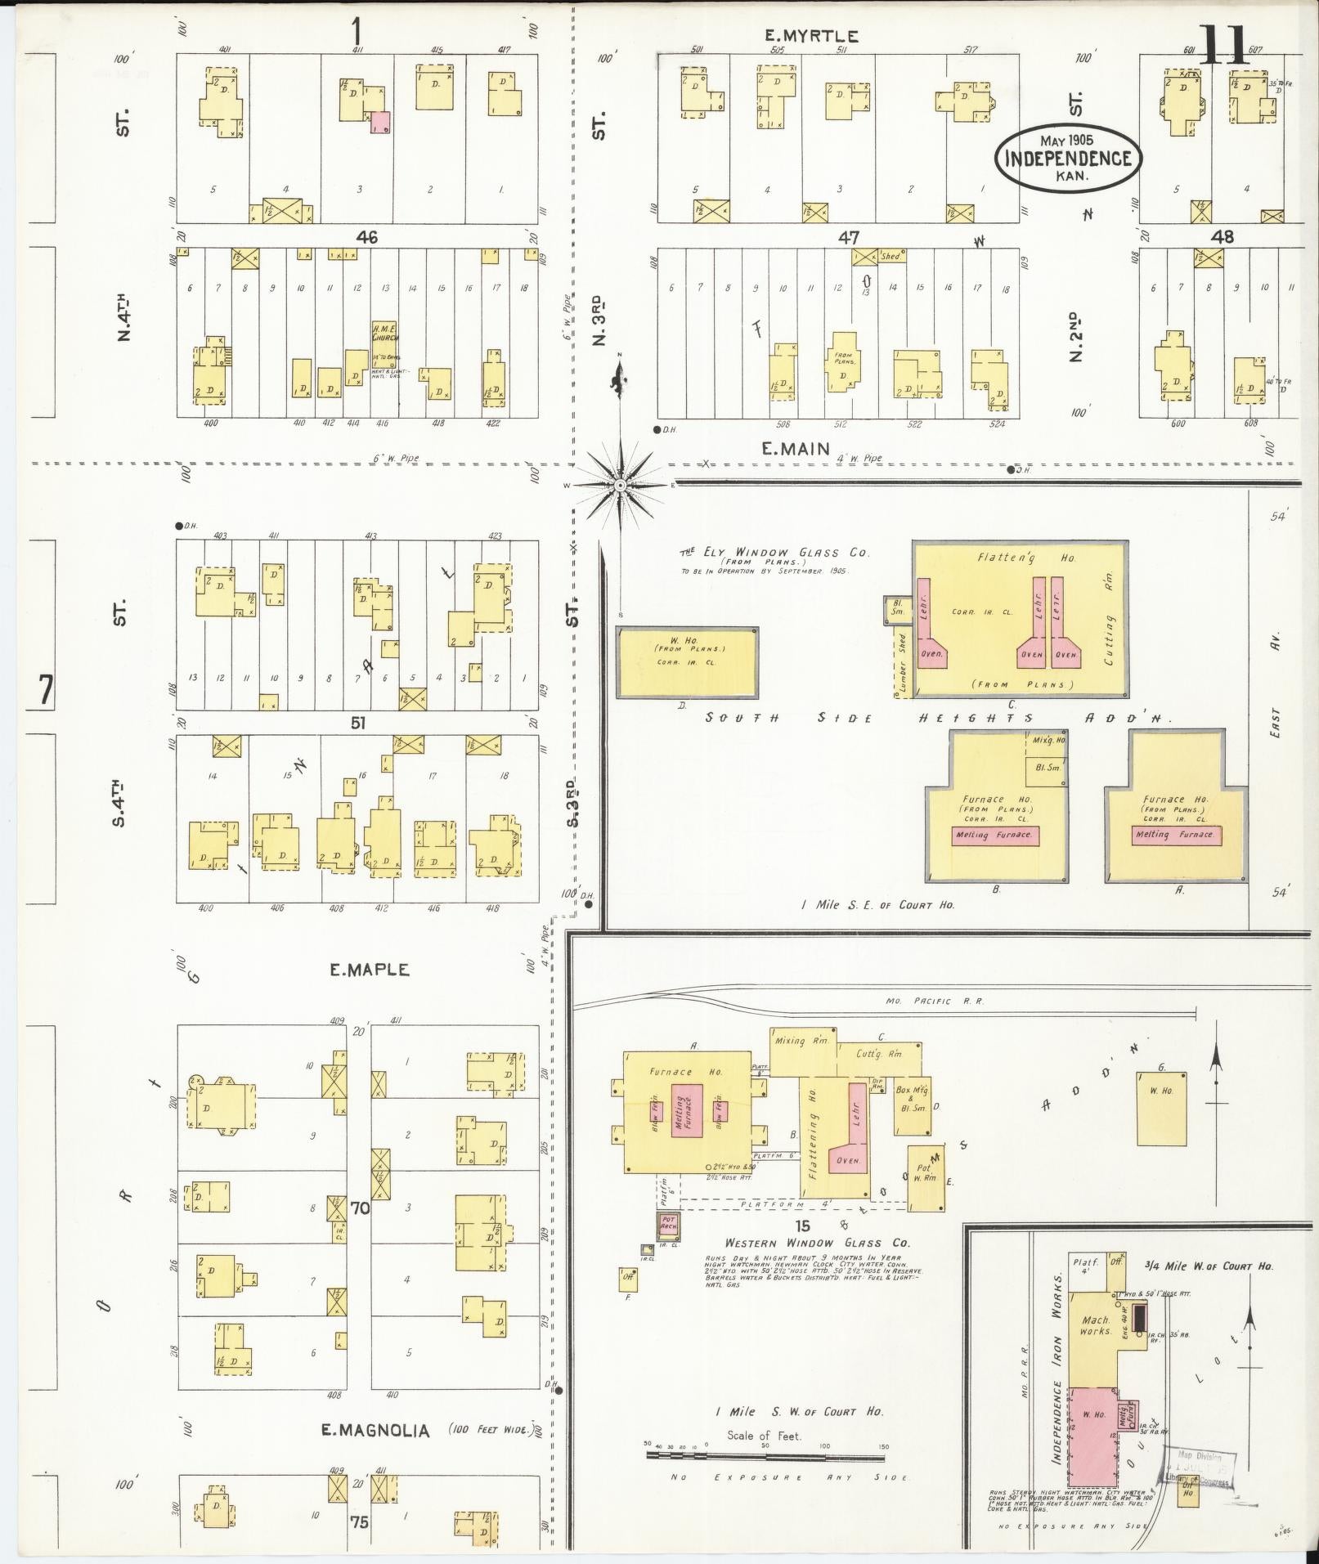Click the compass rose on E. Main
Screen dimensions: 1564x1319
(621, 485)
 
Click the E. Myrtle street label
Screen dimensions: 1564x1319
(811, 36)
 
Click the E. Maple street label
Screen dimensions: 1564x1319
(369, 970)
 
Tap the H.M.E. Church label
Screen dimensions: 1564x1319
(384, 332)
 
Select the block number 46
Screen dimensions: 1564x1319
(366, 237)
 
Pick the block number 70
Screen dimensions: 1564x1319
(361, 1207)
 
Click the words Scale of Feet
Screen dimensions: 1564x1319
(764, 1436)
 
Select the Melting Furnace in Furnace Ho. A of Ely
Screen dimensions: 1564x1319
(1176, 835)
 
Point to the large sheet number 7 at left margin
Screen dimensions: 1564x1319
(44, 691)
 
